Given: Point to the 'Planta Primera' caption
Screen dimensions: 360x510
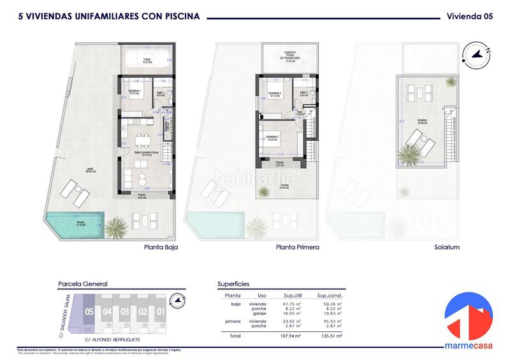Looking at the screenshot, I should coord(297,248).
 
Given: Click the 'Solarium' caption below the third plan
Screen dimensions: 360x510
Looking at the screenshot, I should coord(445,248).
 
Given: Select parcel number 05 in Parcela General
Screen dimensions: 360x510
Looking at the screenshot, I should coord(89,312).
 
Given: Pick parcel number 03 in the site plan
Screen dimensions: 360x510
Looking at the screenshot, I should coord(125,312).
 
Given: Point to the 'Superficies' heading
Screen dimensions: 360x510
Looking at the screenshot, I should coord(233,284).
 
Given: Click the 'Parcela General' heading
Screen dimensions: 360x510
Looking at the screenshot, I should coord(82,284).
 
